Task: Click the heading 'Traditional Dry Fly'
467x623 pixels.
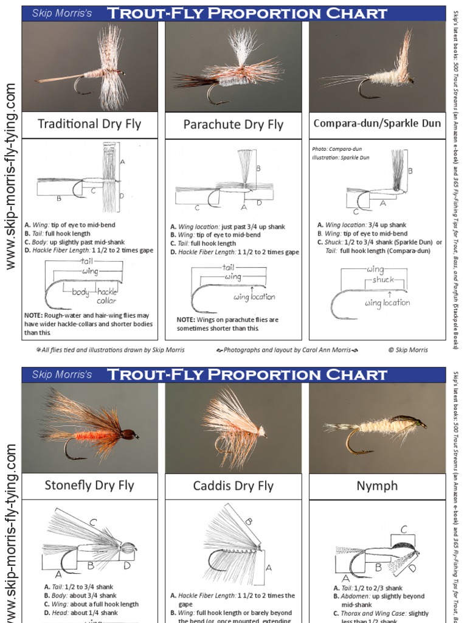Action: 89,124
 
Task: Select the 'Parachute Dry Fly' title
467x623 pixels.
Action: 233,125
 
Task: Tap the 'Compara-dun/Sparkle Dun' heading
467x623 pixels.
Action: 377,124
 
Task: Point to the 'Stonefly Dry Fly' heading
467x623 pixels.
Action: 89,486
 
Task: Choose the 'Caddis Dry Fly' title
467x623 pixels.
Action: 233,486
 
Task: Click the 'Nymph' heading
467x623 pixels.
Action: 377,486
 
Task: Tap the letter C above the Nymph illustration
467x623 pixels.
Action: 404,529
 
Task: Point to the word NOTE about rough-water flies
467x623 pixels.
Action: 33,315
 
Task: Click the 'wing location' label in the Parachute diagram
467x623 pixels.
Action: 255,297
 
